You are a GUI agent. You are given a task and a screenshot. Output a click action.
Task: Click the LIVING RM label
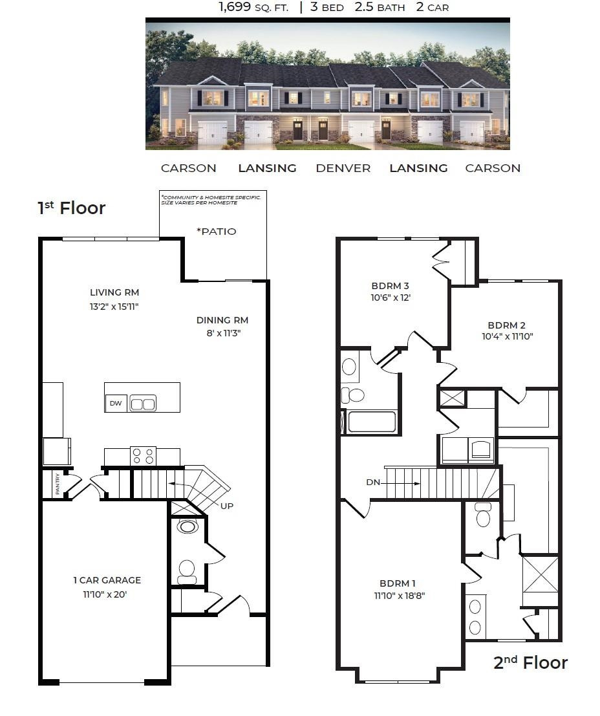pyautogui.click(x=114, y=292)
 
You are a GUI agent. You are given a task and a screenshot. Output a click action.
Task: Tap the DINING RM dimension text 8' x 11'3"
pyautogui.click(x=222, y=333)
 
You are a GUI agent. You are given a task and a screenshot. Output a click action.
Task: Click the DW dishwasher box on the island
pyautogui.click(x=116, y=404)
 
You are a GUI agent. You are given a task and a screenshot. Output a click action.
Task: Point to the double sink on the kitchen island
pyautogui.click(x=143, y=404)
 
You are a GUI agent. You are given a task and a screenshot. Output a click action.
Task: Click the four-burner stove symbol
pyautogui.click(x=143, y=455)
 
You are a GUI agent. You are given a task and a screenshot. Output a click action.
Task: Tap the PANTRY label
pyautogui.click(x=58, y=484)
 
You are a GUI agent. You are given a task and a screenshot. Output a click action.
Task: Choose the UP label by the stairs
pyautogui.click(x=226, y=505)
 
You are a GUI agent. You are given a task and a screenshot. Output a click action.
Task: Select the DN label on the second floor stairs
pyautogui.click(x=373, y=483)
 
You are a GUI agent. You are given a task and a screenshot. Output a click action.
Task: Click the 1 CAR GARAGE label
pyautogui.click(x=107, y=580)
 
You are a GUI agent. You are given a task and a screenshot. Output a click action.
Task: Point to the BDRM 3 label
pyautogui.click(x=390, y=285)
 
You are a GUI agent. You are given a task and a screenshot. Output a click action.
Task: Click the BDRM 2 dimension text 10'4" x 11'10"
pyautogui.click(x=507, y=336)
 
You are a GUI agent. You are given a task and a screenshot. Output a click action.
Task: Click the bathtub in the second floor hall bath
pyautogui.click(x=372, y=422)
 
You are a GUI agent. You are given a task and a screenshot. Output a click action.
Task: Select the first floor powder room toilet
pyautogui.click(x=187, y=569)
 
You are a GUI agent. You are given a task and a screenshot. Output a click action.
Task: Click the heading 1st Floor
pyautogui.click(x=71, y=208)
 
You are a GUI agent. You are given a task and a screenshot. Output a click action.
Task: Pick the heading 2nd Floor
pyautogui.click(x=530, y=663)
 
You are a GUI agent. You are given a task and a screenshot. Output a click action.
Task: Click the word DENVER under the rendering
pyautogui.click(x=343, y=168)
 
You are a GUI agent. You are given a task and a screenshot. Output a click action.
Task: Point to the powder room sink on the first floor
pyautogui.click(x=187, y=526)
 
